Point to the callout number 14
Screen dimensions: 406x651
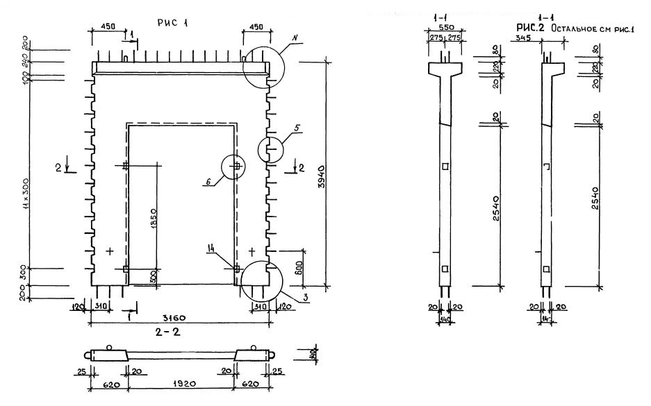(x=211, y=246)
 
